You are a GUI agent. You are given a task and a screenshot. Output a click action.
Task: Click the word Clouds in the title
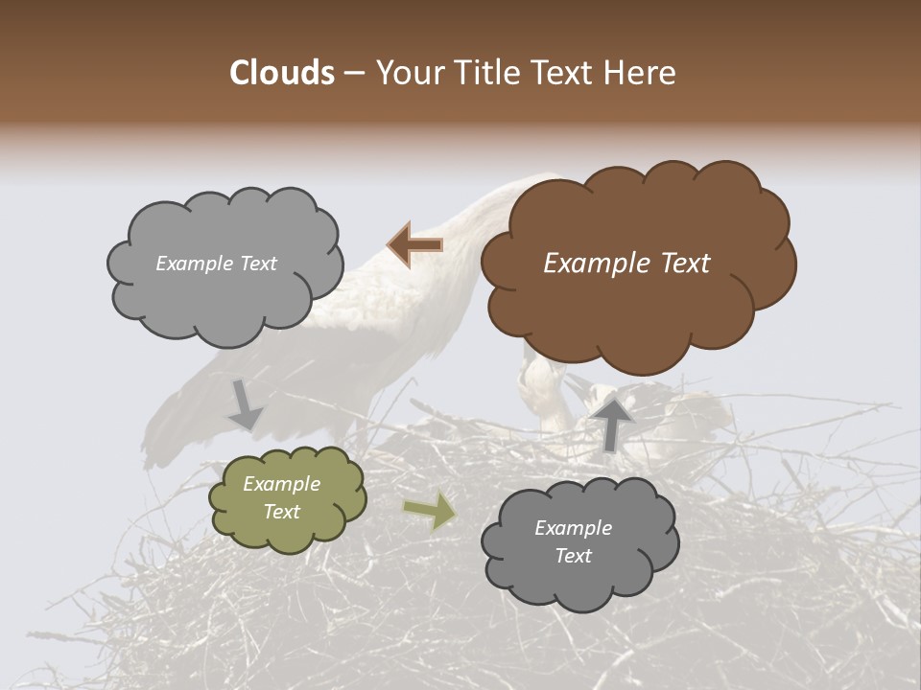pyautogui.click(x=282, y=73)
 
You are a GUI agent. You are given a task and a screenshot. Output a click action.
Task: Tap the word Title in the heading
pyautogui.click(x=474, y=73)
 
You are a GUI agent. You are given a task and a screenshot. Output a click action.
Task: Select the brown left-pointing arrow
pyautogui.click(x=415, y=245)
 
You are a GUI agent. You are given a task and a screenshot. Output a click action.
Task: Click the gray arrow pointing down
pyautogui.click(x=246, y=404)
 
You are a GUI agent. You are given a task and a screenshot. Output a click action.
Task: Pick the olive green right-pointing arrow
pyautogui.click(x=430, y=511)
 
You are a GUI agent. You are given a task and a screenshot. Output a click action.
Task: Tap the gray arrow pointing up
pyautogui.click(x=614, y=422)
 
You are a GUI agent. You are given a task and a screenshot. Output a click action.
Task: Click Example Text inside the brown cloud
pyautogui.click(x=626, y=264)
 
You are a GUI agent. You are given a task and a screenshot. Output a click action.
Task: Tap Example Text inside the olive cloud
pyautogui.click(x=281, y=498)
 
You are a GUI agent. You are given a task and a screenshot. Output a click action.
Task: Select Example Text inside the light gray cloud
pyautogui.click(x=216, y=264)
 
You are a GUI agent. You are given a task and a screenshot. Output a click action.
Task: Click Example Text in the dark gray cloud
pyautogui.click(x=573, y=541)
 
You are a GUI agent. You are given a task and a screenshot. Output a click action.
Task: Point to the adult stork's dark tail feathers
pyautogui.click(x=182, y=422)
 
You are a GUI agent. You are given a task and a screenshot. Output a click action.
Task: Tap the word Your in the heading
pyautogui.click(x=406, y=73)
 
